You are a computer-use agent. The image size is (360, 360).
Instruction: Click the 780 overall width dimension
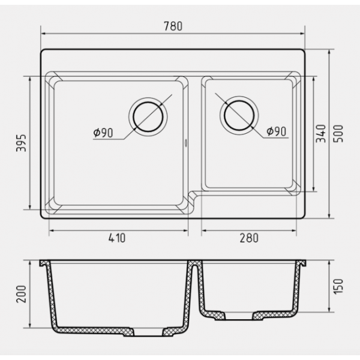(173, 26)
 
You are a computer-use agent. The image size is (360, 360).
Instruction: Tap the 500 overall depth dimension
(338, 134)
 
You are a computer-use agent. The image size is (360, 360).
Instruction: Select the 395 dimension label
(21, 143)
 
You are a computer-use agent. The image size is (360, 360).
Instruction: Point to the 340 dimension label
(321, 134)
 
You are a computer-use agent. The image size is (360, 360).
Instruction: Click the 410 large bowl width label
(117, 238)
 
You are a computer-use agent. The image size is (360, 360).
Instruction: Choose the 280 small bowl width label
(249, 238)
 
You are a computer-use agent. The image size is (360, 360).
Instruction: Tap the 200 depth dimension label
(21, 294)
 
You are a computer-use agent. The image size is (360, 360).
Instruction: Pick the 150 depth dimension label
(338, 286)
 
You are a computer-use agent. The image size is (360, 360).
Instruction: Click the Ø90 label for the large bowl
(103, 133)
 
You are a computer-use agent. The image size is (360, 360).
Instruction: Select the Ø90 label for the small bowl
(277, 131)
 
